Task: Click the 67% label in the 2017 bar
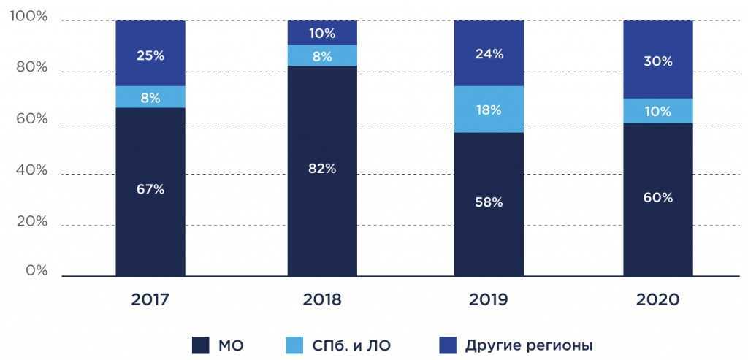(x=150, y=190)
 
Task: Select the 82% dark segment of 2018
(x=321, y=169)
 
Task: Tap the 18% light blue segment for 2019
(x=489, y=110)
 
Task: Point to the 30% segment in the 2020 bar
(x=657, y=61)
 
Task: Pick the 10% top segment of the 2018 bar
(x=321, y=33)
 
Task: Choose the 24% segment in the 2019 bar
(x=489, y=53)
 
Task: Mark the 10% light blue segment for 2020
(x=657, y=111)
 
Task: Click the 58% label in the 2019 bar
(x=489, y=202)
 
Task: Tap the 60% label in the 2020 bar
(x=657, y=198)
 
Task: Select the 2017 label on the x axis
(x=150, y=300)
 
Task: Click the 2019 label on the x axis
(x=489, y=300)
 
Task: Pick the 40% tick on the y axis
(x=31, y=170)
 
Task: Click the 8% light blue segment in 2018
(x=321, y=55)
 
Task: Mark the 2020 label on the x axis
(x=657, y=300)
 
